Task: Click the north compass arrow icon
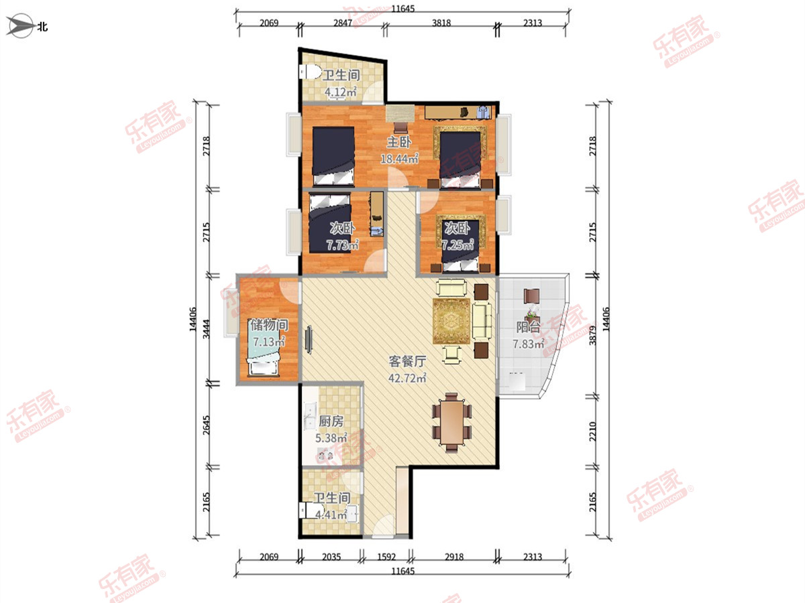pyautogui.click(x=20, y=26)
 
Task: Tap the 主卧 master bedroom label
pyautogui.click(x=398, y=142)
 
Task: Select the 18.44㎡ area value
pyautogui.click(x=399, y=159)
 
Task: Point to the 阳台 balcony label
pyautogui.click(x=528, y=327)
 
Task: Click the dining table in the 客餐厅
pyautogui.click(x=451, y=423)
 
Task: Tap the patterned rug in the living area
pyautogui.click(x=451, y=321)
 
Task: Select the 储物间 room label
pyautogui.click(x=269, y=325)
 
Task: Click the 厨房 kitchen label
pyautogui.click(x=331, y=421)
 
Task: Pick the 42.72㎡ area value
pyautogui.click(x=407, y=378)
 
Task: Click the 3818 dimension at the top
pyautogui.click(x=441, y=23)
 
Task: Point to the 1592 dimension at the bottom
pyautogui.click(x=386, y=557)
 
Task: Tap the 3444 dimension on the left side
pyautogui.click(x=207, y=329)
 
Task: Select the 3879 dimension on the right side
pyautogui.click(x=592, y=336)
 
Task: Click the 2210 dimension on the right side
pyautogui.click(x=592, y=431)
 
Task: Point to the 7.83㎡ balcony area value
pyautogui.click(x=529, y=344)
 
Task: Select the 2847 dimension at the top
pyautogui.click(x=343, y=23)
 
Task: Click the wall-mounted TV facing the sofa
pyautogui.click(x=309, y=340)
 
